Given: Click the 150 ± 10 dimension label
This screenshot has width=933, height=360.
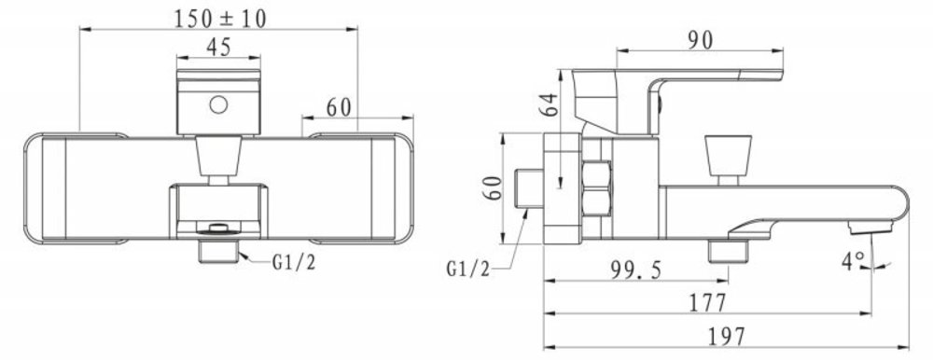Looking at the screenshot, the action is click(219, 18).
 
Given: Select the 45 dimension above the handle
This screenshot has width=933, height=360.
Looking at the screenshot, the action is click(218, 47).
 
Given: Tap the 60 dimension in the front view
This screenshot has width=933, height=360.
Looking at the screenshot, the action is click(339, 107).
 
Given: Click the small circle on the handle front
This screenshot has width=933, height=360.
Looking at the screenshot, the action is click(218, 104).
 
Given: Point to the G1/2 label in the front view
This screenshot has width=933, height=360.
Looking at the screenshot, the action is click(294, 262).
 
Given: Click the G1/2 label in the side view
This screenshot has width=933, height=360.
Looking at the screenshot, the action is click(468, 269).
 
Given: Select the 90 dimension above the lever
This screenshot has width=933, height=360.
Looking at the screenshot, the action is click(701, 40).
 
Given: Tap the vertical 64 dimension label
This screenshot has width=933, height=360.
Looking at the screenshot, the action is click(551, 104).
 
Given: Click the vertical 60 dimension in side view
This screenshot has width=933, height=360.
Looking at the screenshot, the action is click(493, 187).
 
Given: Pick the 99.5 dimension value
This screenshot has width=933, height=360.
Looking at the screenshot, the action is click(636, 270).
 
